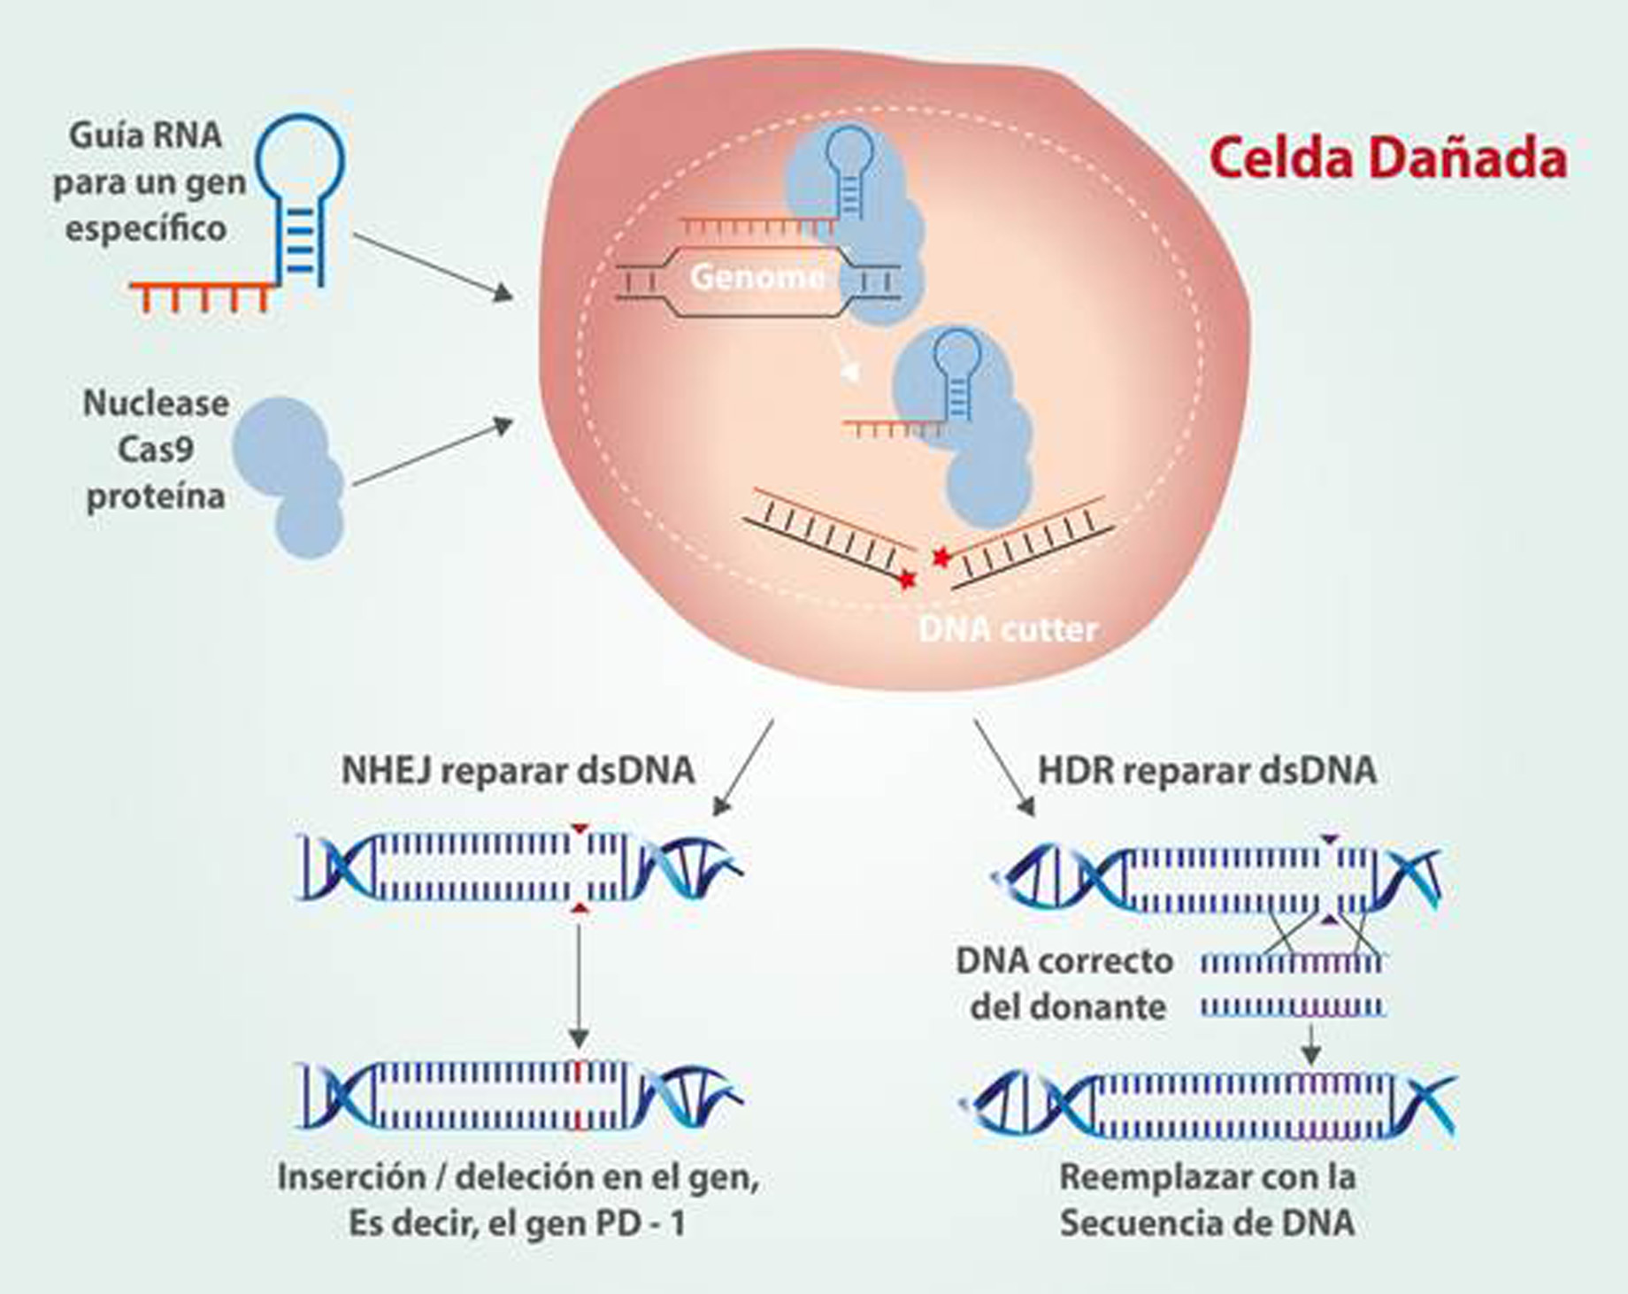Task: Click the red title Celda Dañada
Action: pos(1387,159)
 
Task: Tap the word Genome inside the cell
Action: pos(756,277)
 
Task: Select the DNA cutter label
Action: pos(1008,629)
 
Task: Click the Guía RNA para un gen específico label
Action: pos(147,182)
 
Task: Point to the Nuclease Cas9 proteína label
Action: pos(156,450)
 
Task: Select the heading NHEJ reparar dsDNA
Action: pos(518,770)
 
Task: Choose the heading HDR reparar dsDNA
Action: pos(1207,770)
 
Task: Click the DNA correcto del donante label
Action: pos(1066,984)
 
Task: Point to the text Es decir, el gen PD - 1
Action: pos(517,1224)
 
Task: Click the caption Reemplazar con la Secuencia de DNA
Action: pos(1207,1201)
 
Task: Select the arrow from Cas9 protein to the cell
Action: pos(433,452)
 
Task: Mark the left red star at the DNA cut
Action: pos(906,580)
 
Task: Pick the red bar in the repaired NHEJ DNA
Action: pos(577,1096)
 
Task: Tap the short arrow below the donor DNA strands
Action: pos(1311,1044)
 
